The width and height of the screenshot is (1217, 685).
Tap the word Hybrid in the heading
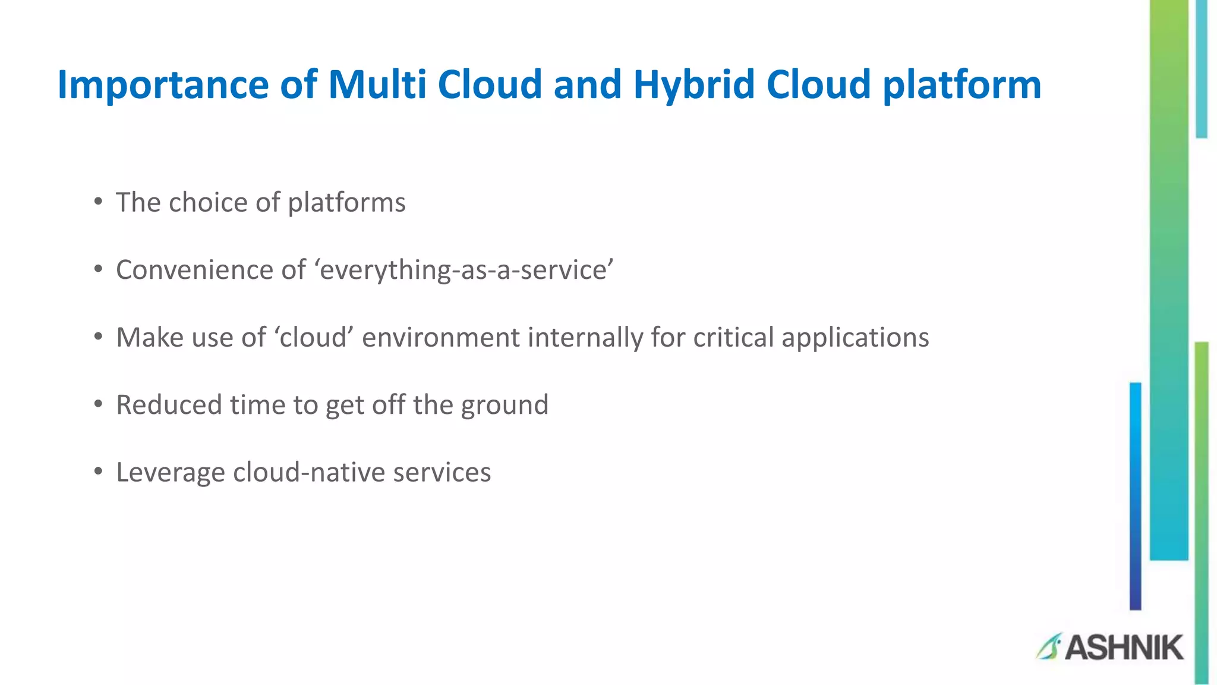click(693, 85)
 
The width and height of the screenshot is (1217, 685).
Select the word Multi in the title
click(377, 84)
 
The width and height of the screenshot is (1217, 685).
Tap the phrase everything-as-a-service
click(466, 271)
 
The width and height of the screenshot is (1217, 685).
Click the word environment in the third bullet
click(441, 338)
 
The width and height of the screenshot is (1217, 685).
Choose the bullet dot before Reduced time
click(98, 404)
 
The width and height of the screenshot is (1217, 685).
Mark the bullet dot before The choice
click(98, 202)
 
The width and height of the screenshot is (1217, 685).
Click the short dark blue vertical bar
click(1135, 497)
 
